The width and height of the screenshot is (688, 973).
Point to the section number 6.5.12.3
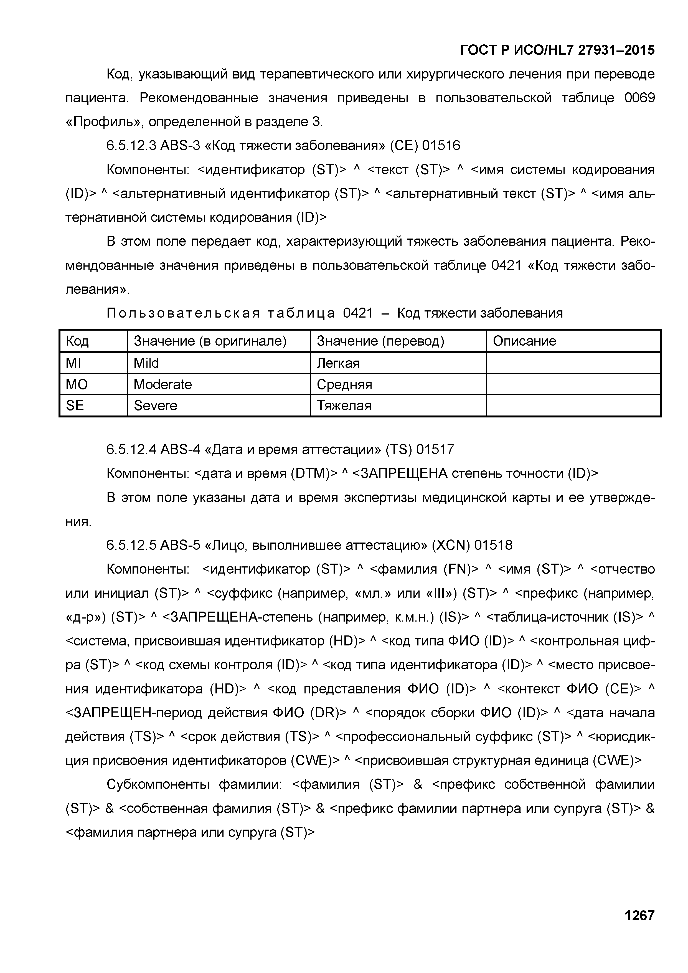131,146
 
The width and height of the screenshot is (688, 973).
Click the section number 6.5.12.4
131,449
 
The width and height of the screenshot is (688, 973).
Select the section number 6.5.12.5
131,545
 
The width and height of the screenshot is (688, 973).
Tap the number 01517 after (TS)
435,449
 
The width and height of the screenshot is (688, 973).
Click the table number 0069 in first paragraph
639,98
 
